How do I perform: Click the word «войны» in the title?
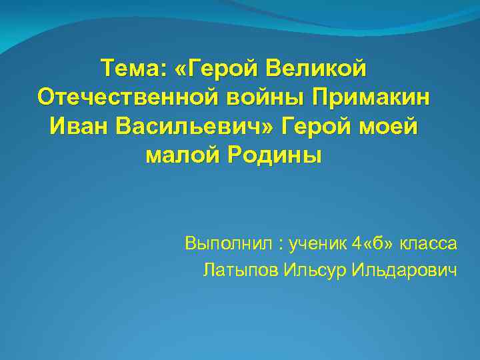(x=255, y=97)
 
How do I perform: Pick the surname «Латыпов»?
(x=240, y=271)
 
